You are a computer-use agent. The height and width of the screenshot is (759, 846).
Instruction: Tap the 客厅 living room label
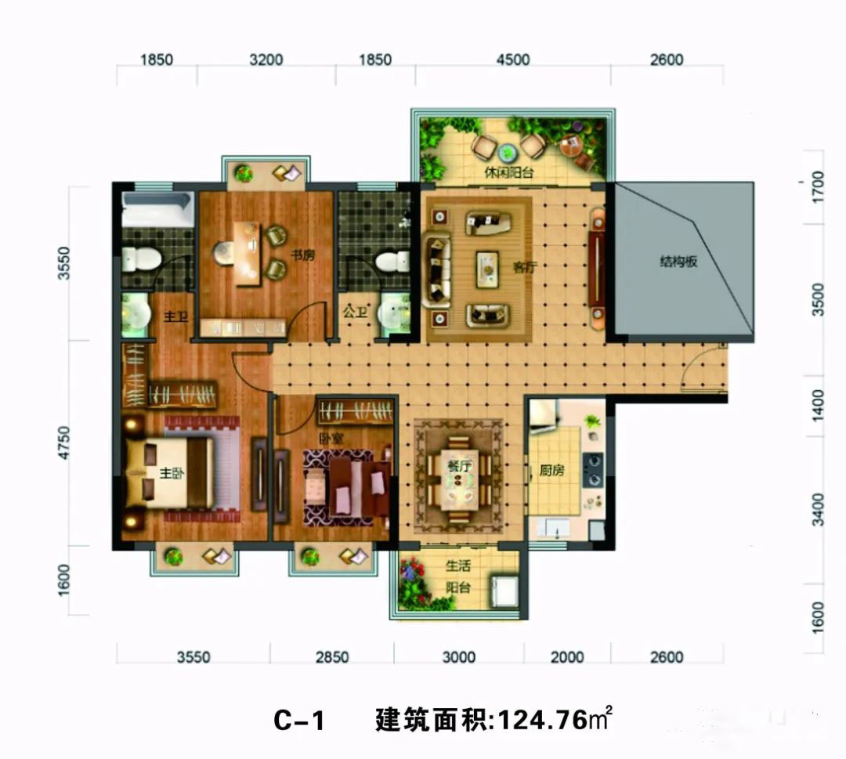coord(524,267)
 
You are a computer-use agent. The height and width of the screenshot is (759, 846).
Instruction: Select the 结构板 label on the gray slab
coord(678,262)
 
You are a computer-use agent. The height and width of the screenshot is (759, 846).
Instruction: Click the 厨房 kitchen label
coord(552,471)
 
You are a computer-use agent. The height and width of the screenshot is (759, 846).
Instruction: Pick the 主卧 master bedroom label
coord(172,474)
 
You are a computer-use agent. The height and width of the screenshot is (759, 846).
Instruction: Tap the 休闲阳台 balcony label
coord(509,173)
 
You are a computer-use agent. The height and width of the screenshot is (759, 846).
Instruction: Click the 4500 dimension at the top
coord(513,60)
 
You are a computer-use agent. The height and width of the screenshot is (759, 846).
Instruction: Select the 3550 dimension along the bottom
coord(193,657)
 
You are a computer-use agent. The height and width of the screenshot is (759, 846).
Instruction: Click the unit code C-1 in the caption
coord(298,720)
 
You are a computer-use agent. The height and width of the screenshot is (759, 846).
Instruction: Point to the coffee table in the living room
coord(487,267)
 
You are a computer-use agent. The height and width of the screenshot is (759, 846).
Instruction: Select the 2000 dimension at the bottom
coord(567,657)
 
